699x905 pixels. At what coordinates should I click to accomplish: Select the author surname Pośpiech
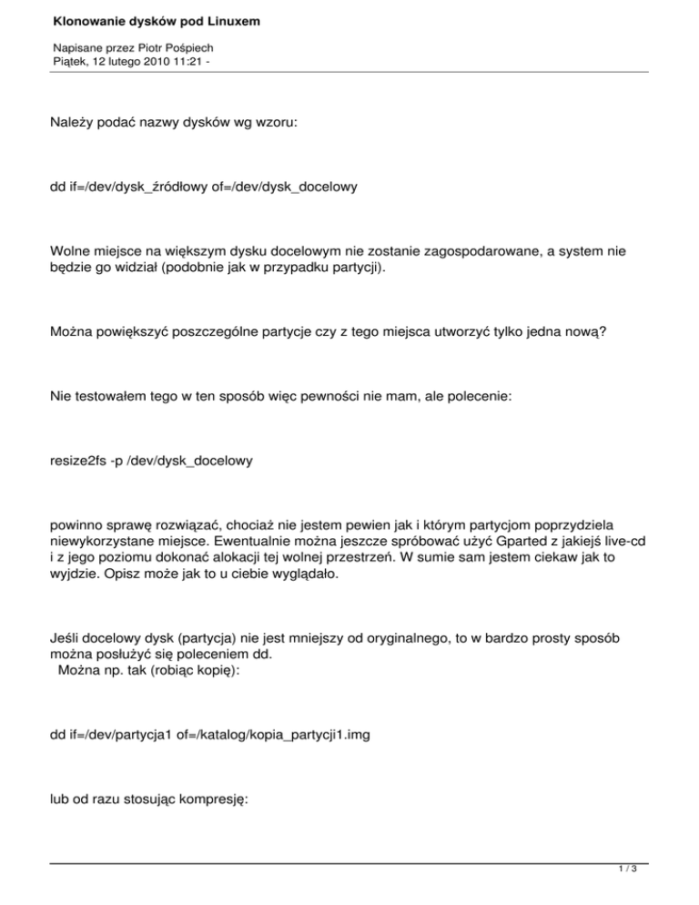click(191, 46)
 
